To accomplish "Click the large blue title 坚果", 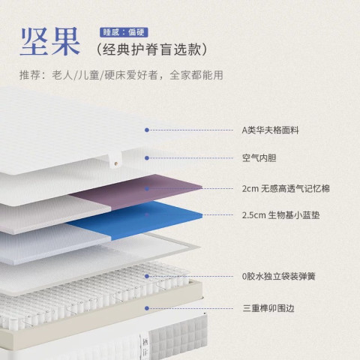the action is click(x=50, y=41).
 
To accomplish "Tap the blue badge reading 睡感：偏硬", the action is click(x=124, y=32).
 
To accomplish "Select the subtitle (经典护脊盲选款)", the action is click(x=151, y=49).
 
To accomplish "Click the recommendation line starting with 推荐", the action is click(x=121, y=75).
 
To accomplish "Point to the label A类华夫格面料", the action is click(x=270, y=130).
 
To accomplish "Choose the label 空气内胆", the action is click(x=259, y=158).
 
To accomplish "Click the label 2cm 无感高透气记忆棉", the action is click(x=286, y=188).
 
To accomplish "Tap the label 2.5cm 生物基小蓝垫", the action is click(x=280, y=215).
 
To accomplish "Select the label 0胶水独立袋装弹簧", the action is click(x=278, y=276).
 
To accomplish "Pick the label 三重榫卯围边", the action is click(x=268, y=308).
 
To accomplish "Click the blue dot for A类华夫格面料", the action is click(x=147, y=130).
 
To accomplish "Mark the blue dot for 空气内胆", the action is click(x=147, y=158).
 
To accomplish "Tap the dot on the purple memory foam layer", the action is click(x=147, y=189).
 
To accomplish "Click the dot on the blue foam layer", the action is click(x=147, y=214).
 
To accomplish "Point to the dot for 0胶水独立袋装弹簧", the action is click(x=147, y=276).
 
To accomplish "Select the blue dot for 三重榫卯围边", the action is click(x=147, y=308).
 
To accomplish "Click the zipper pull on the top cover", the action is click(x=115, y=162).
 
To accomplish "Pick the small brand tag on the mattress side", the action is click(x=145, y=346).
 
